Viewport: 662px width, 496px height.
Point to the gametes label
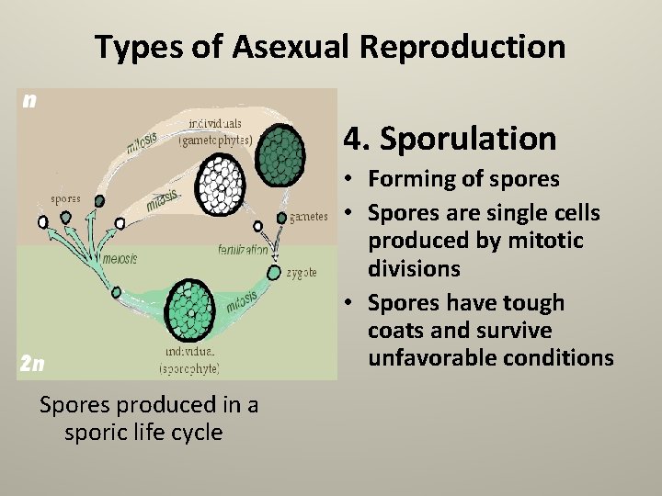point(308,218)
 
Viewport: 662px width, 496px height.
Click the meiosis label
point(120,259)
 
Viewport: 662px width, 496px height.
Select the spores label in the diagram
point(65,197)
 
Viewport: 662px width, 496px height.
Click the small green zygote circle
point(273,272)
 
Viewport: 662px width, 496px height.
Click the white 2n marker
point(30,363)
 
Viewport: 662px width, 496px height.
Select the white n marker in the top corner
point(30,100)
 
